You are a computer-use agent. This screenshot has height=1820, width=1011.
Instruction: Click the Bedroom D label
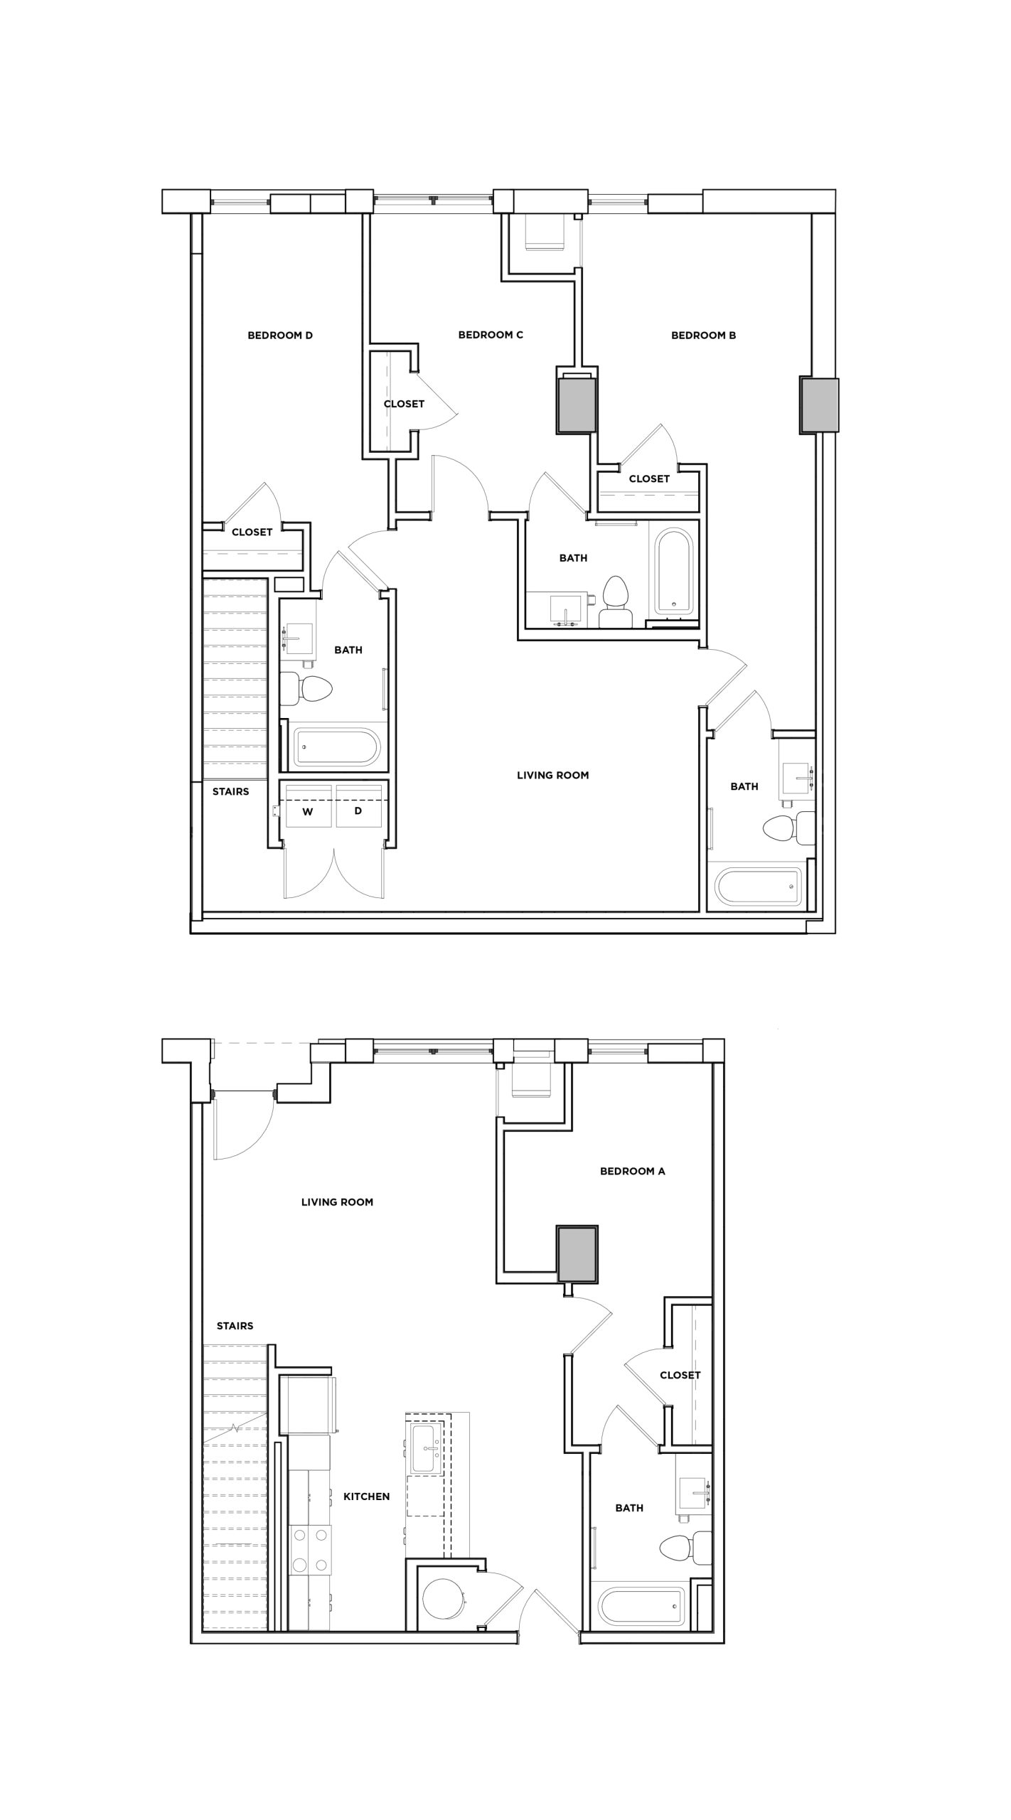(x=280, y=336)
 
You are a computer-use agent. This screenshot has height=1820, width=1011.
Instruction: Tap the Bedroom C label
(x=491, y=335)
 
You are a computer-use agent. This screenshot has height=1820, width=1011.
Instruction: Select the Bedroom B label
(x=703, y=336)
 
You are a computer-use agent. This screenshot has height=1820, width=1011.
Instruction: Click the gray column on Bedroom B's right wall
(x=819, y=405)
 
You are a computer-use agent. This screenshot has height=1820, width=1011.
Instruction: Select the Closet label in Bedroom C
(x=404, y=404)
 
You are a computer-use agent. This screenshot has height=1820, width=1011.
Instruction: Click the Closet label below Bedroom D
(x=252, y=532)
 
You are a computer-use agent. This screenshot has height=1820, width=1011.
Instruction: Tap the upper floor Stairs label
(x=230, y=791)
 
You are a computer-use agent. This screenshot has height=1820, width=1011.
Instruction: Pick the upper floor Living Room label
(x=552, y=775)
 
